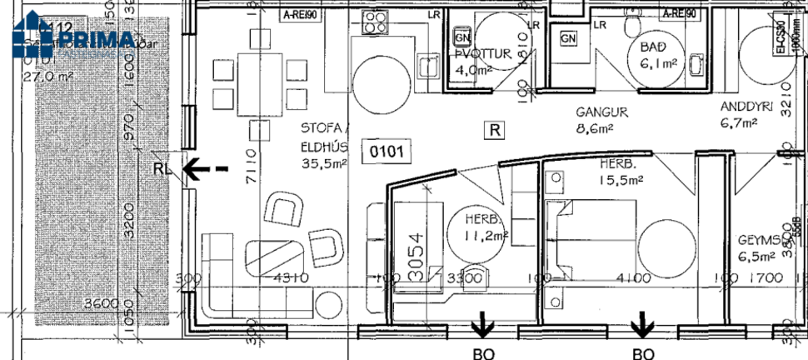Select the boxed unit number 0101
point(387,152)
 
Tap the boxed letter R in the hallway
point(495,130)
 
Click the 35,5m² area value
point(325,165)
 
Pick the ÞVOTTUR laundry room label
point(482,55)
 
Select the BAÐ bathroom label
point(652,47)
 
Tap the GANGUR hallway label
point(601,112)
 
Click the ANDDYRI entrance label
point(748,107)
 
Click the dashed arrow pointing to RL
point(205,169)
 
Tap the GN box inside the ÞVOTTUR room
point(462,38)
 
